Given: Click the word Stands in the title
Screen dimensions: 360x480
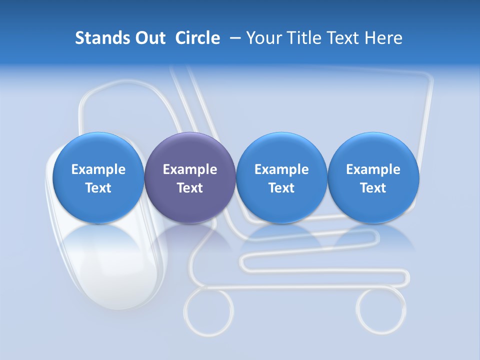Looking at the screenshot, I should coord(101,38).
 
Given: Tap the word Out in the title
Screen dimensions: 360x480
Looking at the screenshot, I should coord(148,38).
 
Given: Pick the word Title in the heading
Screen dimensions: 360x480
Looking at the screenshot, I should coord(305,38).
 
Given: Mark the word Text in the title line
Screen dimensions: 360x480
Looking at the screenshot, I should coord(345,38).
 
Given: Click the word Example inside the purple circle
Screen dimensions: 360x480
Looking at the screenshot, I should coord(190,169).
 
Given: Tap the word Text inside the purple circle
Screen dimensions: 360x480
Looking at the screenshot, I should coord(190,188).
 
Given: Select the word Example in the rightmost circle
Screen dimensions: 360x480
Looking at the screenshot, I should coord(373,169).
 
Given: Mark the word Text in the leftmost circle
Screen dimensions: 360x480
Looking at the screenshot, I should coord(98,188).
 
